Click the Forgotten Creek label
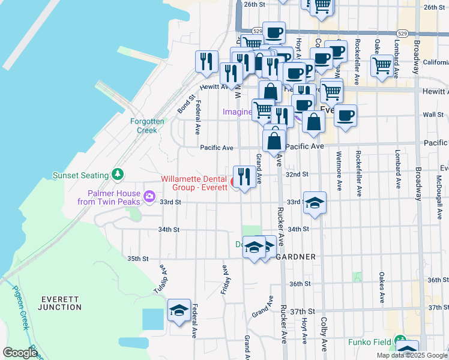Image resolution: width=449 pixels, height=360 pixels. click(x=147, y=125)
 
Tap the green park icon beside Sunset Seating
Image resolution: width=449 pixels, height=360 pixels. click(x=119, y=175)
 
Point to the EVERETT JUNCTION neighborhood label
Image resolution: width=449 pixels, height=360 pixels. click(x=59, y=303)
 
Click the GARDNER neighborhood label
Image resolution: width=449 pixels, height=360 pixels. click(x=297, y=257)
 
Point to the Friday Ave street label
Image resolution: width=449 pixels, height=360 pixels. click(x=223, y=280)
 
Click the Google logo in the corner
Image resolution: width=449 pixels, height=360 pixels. click(x=19, y=353)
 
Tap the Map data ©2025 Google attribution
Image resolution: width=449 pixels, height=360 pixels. click(x=412, y=355)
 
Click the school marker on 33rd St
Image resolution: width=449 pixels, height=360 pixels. click(x=315, y=203)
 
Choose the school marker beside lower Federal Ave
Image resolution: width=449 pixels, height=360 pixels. click(x=179, y=310)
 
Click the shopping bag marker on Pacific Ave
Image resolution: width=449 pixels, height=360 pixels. click(x=274, y=142)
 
